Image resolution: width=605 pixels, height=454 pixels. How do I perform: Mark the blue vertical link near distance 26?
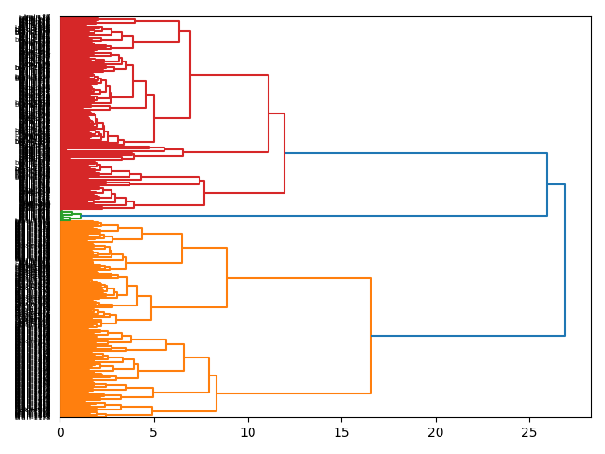click(547, 184)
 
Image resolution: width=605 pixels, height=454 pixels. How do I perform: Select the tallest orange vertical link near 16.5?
click(371, 336)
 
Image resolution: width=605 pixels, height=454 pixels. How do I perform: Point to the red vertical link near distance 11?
click(268, 113)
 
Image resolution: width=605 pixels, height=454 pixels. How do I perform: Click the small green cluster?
click(69, 216)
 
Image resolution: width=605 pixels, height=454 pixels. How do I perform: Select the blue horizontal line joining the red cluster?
click(416, 153)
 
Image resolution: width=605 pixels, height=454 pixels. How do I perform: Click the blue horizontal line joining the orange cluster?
click(468, 336)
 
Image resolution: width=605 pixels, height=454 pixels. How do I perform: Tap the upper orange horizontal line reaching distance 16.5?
click(299, 278)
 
